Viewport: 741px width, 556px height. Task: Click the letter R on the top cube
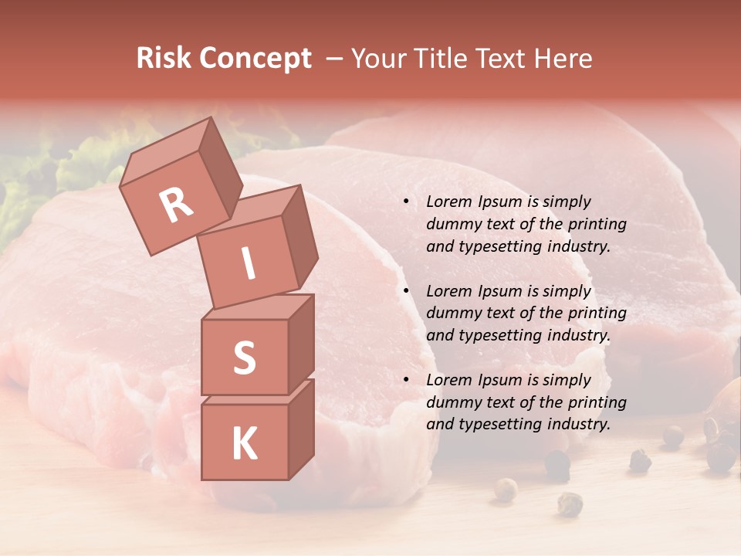tap(176, 205)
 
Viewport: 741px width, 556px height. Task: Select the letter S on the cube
tap(244, 358)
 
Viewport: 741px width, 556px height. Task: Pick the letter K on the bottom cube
tap(244, 444)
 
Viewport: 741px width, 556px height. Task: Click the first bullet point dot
tap(406, 202)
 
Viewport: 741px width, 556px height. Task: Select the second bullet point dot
tap(406, 291)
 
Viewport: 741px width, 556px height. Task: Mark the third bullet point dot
tap(406, 380)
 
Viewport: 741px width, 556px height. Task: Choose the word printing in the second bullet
tap(597, 314)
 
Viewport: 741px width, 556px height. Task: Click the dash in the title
tap(335, 59)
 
